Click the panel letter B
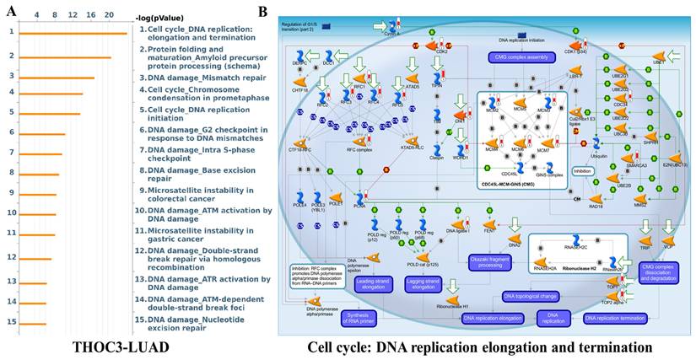pyautogui.click(x=262, y=11)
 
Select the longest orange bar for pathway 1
pyautogui.click(x=73, y=34)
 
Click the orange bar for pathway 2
pyautogui.click(x=64, y=57)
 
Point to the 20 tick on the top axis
pyautogui.click(x=109, y=15)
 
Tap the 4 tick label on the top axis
pyautogui.click(x=35, y=15)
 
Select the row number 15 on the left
pyautogui.click(x=9, y=321)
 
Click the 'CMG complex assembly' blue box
pyautogui.click(x=517, y=57)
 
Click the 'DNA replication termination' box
pyautogui.click(x=612, y=318)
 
